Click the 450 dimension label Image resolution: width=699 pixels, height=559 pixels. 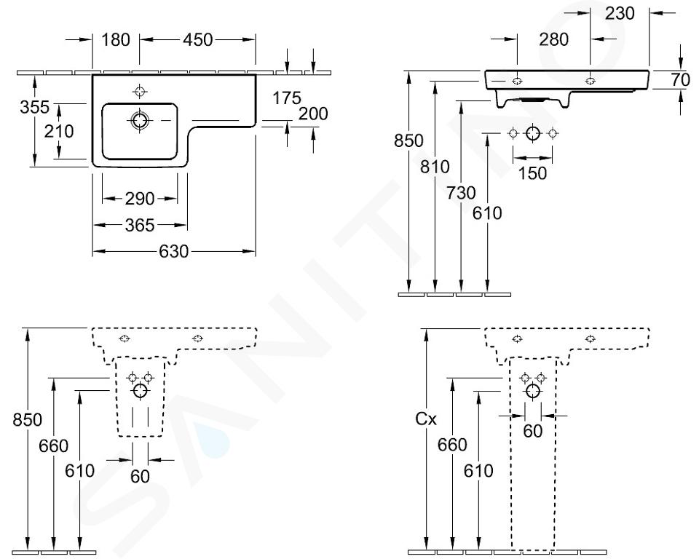[x=198, y=40]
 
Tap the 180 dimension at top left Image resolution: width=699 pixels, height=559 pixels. [x=116, y=40]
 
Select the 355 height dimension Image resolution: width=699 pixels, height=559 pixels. [x=34, y=108]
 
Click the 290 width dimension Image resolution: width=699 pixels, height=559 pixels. [x=139, y=199]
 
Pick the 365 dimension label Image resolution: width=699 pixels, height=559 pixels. [x=139, y=226]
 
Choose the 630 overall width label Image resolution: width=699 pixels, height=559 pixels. [x=174, y=252]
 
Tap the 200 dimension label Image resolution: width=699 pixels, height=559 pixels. [x=313, y=114]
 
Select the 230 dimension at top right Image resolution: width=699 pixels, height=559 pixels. [x=620, y=13]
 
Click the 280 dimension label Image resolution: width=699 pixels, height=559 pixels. [x=554, y=40]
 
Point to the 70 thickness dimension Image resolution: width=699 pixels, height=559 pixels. [x=681, y=80]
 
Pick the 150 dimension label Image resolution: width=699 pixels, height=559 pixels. [x=532, y=174]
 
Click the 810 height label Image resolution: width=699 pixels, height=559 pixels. [x=435, y=167]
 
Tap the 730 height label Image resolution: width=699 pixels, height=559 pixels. [x=462, y=194]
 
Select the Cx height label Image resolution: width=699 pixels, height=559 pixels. [x=425, y=420]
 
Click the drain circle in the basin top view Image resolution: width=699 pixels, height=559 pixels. [x=139, y=119]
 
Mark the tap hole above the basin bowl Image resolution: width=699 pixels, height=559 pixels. [x=139, y=92]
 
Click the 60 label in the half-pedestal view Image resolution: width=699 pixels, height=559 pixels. [x=140, y=476]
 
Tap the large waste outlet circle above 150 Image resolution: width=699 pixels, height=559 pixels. [x=533, y=133]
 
